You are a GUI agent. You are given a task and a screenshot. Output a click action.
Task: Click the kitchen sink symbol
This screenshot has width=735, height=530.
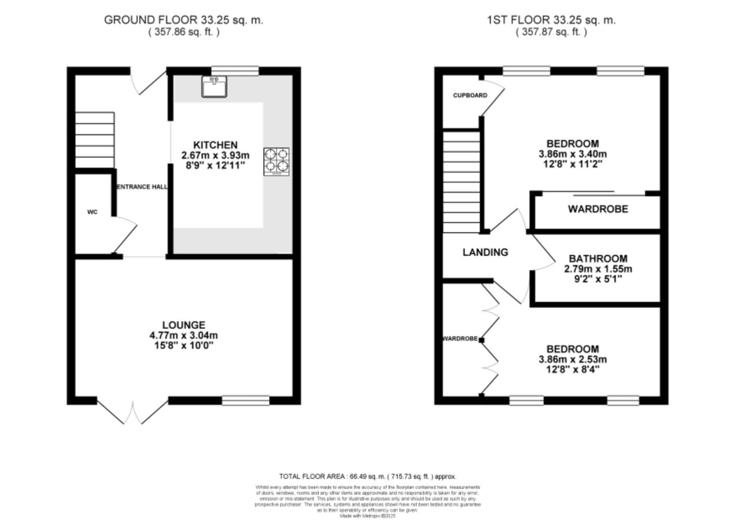point(214,86)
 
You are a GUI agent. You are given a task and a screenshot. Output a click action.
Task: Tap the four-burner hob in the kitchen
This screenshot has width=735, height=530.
point(276,162)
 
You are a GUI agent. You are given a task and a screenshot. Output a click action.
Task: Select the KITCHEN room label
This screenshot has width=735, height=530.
point(215,145)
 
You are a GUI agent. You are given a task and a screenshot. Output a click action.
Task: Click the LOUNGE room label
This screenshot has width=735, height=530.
point(184,325)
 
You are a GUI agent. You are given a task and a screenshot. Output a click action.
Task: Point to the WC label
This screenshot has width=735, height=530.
point(92,212)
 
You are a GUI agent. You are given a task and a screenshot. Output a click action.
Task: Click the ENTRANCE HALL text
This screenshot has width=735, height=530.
point(142,187)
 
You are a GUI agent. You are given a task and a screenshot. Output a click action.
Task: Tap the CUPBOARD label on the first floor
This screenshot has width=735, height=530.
point(470,95)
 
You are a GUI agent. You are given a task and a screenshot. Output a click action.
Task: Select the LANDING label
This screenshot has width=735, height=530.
point(485,252)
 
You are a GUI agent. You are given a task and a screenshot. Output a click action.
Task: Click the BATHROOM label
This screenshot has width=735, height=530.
point(598,259)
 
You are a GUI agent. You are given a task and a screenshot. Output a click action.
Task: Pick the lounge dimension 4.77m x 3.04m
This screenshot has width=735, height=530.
point(184,336)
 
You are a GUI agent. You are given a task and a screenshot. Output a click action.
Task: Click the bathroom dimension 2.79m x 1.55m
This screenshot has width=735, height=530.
point(598,269)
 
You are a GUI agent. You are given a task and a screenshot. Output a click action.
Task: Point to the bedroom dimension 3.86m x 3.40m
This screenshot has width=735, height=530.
point(572,154)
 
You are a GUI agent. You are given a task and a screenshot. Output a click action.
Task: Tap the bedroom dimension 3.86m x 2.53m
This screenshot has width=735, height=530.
point(572,359)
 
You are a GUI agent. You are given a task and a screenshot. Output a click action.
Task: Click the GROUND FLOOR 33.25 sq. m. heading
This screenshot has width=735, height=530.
point(184,20)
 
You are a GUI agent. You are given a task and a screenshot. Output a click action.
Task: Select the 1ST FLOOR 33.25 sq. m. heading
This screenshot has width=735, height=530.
point(551,20)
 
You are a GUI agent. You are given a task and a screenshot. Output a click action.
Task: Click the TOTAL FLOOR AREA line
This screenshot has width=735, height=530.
point(368,476)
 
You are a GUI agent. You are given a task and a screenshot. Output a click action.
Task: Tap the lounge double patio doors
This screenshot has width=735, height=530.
point(133,411)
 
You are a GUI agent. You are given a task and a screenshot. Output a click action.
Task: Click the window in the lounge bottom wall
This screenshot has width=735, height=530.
point(245,401)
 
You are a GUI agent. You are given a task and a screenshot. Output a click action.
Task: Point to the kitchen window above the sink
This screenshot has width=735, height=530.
point(235,71)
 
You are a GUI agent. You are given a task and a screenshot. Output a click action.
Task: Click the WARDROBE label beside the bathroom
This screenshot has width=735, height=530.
point(598,209)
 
